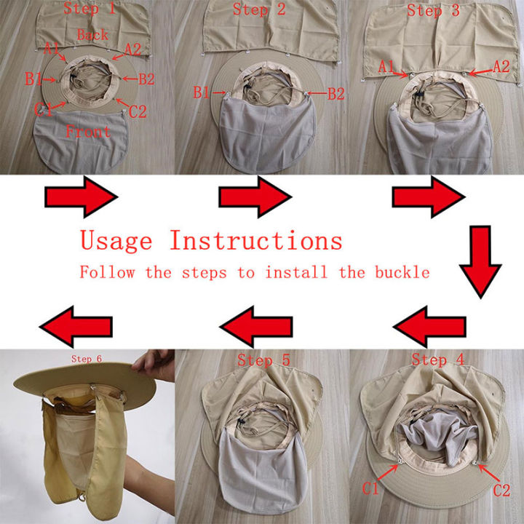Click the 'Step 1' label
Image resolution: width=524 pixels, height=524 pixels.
[90, 8]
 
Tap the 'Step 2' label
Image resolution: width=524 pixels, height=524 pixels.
[259, 9]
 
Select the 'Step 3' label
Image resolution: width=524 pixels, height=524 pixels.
[433, 10]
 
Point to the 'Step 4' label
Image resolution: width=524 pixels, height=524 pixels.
[438, 360]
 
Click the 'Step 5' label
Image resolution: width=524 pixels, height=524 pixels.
[263, 360]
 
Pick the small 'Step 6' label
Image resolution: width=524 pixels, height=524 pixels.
[87, 359]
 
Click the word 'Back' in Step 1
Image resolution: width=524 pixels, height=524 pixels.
[92, 35]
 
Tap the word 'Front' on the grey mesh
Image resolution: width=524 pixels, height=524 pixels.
[88, 131]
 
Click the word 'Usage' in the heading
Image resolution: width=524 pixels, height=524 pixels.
[116, 241]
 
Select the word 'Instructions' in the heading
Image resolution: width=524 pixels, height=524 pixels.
[256, 240]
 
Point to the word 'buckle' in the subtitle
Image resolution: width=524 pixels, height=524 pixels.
[402, 272]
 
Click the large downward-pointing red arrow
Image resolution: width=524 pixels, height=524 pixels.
[480, 262]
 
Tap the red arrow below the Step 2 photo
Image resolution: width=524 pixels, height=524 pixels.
[255, 196]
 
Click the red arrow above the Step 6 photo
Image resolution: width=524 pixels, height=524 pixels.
[76, 327]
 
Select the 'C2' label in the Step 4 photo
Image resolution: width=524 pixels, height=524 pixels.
[501, 491]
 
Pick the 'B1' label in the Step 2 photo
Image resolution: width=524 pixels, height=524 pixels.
[202, 92]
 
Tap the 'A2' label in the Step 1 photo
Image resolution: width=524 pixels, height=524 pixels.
[132, 49]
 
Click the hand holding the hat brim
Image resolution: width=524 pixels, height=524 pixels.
[154, 365]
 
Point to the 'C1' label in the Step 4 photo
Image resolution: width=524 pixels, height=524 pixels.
[370, 488]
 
